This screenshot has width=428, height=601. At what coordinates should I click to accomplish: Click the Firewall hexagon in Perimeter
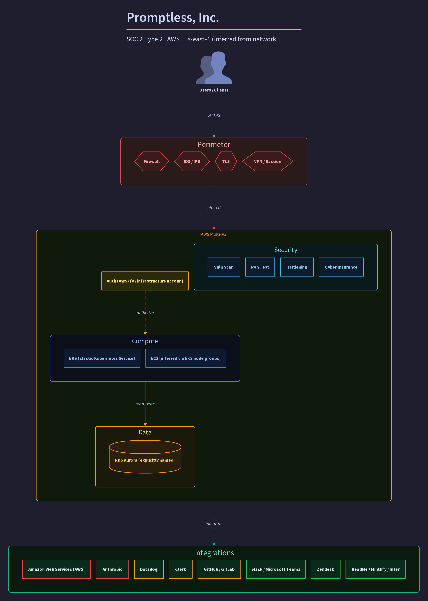[x=152, y=161]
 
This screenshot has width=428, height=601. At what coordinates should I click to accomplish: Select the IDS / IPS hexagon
[x=192, y=161]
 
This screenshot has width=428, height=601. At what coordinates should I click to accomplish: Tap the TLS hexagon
[x=226, y=161]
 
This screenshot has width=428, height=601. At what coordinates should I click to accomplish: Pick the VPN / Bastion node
[x=267, y=161]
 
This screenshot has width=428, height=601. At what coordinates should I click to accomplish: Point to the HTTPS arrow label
[x=214, y=116]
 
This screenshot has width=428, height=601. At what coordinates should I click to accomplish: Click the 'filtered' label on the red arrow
[x=214, y=208]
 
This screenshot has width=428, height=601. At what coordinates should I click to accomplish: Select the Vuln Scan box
[x=224, y=267]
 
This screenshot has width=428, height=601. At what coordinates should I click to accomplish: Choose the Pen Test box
[x=260, y=267]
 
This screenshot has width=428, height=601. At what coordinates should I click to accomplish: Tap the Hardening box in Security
[x=297, y=267]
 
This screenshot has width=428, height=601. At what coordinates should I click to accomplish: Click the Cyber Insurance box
[x=341, y=267]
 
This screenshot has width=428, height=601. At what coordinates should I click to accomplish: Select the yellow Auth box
[x=145, y=281]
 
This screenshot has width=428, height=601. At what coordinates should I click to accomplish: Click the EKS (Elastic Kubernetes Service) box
[x=102, y=358]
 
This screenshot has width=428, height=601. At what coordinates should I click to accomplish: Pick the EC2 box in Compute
[x=186, y=358]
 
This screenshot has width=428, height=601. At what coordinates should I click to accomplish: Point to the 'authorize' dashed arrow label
[x=145, y=313]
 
